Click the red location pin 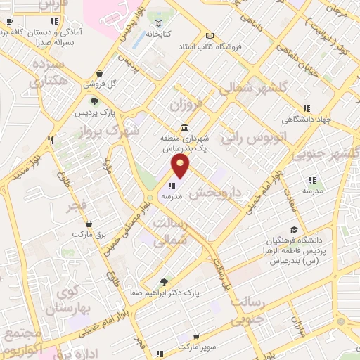click(x=181, y=167)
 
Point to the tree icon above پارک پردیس click(x=94, y=102)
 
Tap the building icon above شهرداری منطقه click(x=184, y=127)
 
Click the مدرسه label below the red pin click(x=172, y=197)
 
